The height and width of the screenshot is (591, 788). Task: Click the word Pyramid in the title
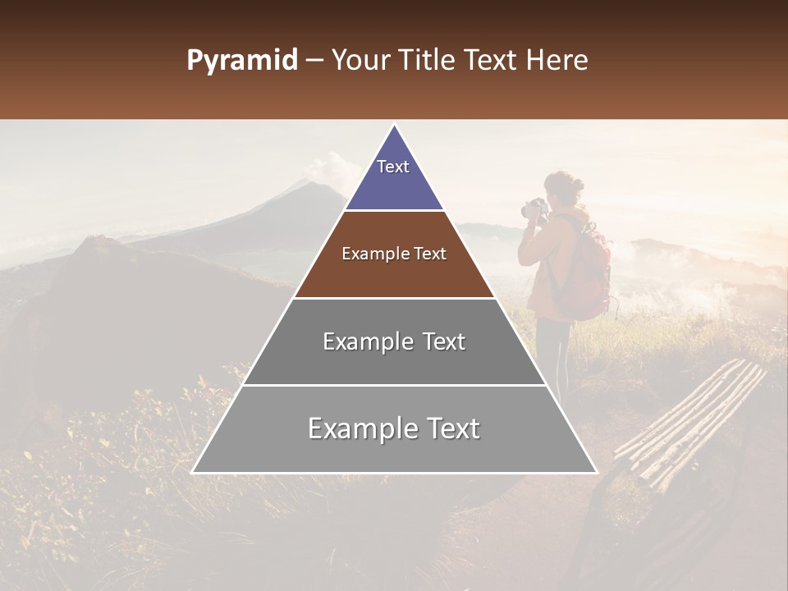[241, 61]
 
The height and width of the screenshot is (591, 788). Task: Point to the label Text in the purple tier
[393, 167]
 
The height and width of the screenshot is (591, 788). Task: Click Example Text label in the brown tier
[394, 254]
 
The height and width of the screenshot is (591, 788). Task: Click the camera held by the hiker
[535, 208]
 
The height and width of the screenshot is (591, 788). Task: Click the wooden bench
[689, 427]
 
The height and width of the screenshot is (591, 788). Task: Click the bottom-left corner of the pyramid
[193, 472]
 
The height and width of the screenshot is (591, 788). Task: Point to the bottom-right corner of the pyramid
[596, 472]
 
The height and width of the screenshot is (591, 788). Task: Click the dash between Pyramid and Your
[314, 61]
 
